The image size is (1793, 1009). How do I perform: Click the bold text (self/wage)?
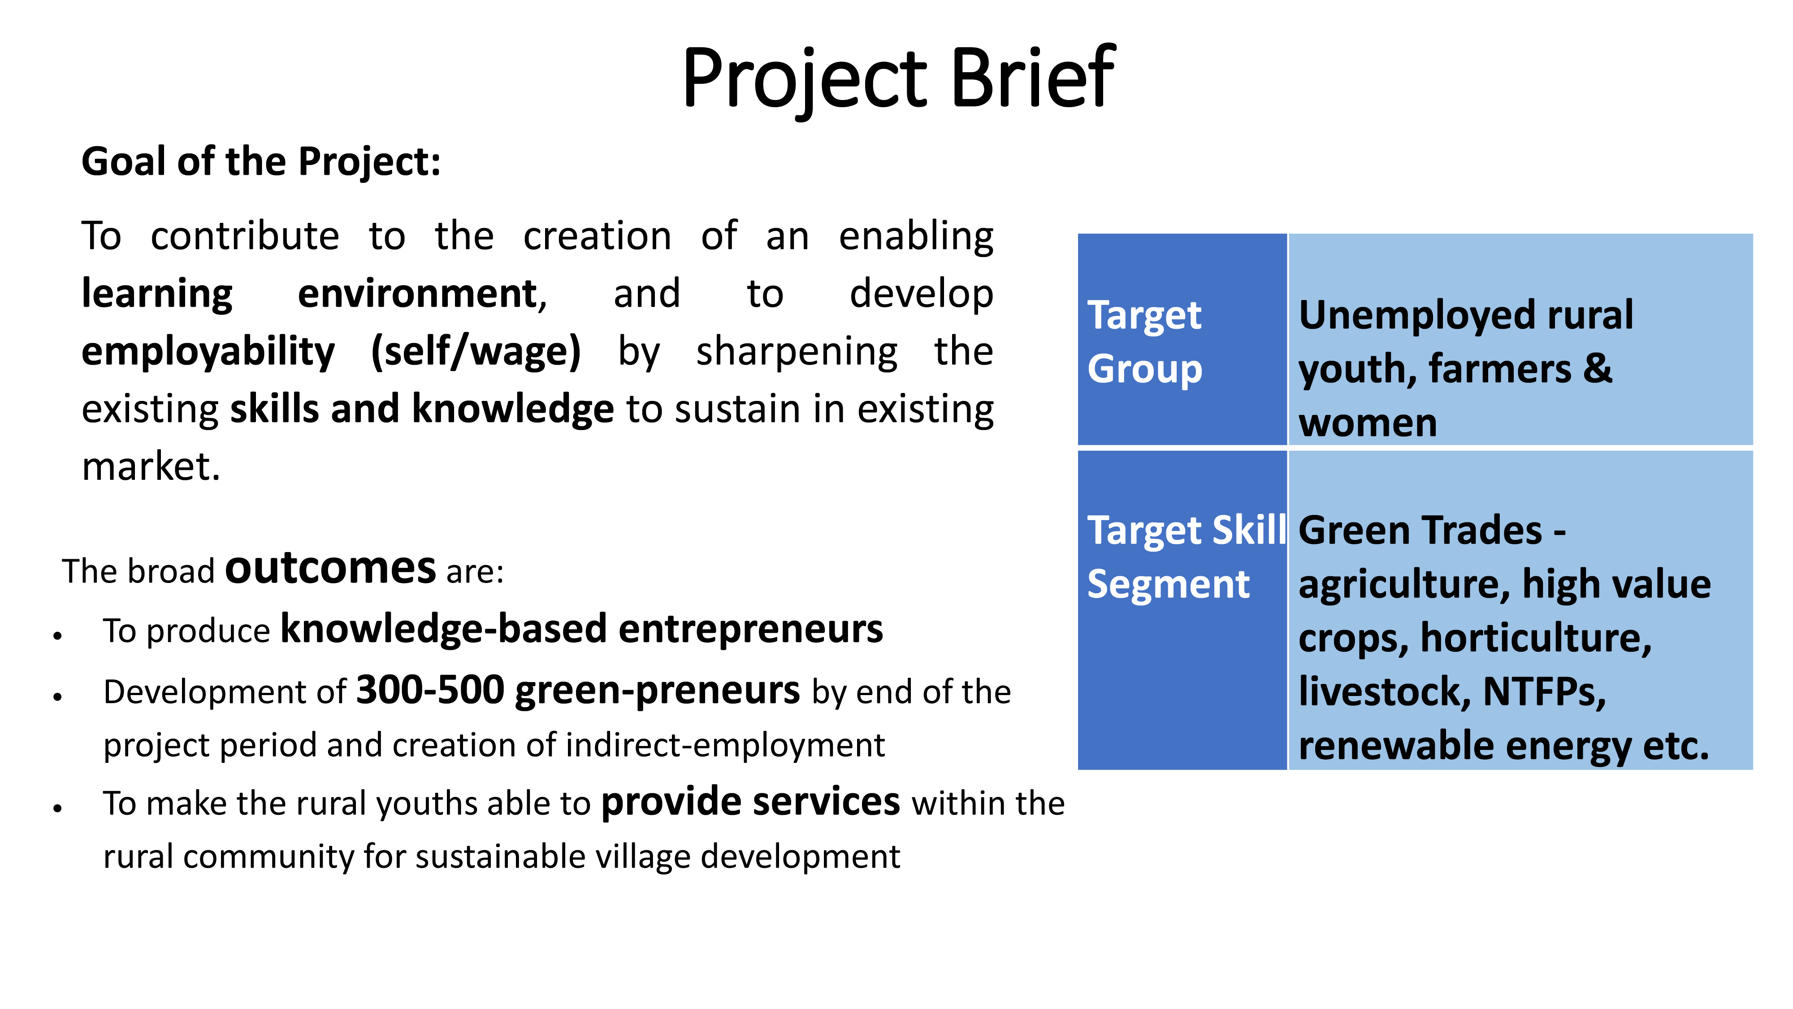point(476,351)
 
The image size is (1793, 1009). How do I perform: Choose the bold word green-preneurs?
point(658,692)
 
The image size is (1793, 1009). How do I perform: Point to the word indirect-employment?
point(725,745)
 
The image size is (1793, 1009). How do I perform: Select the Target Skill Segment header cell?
point(1182,610)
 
